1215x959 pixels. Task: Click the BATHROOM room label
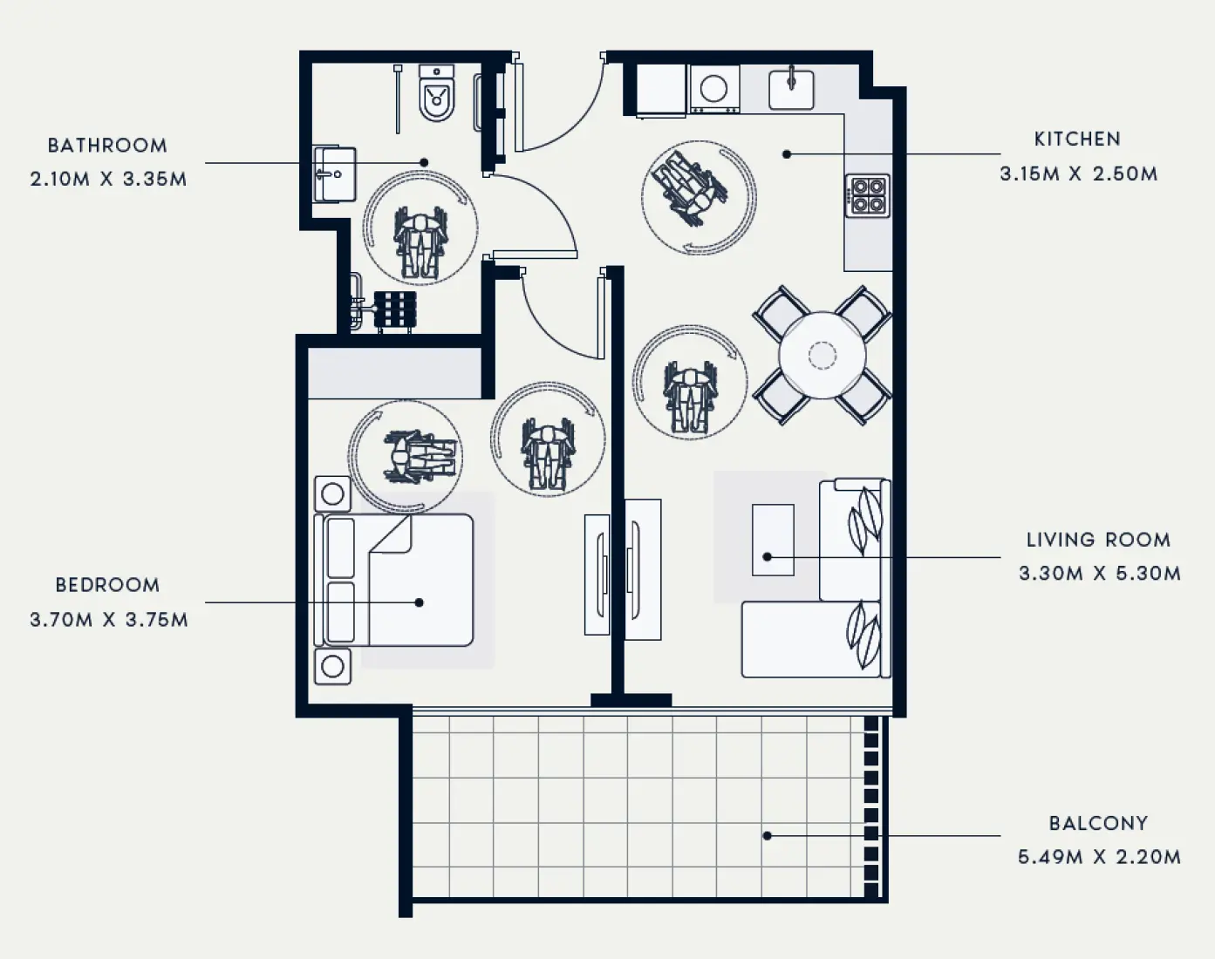[x=107, y=146]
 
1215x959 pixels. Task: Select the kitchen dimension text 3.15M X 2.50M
[x=1078, y=173]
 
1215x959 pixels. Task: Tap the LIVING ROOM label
[x=1098, y=540]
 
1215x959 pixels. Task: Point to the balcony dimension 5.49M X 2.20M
[x=1099, y=857]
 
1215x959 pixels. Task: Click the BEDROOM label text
[x=107, y=585]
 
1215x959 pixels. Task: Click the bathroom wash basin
[x=334, y=173]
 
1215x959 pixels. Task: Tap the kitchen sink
[x=791, y=90]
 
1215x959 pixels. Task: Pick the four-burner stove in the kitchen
[x=867, y=195]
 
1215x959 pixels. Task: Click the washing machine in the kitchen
[x=714, y=89]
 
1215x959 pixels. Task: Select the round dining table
[x=822, y=355]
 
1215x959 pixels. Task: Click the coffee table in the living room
[x=773, y=540]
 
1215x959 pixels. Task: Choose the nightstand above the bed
[x=332, y=494]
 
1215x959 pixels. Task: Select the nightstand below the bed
[x=332, y=666]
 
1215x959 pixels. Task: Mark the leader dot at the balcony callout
[x=768, y=835]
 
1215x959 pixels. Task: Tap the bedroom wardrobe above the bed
[x=395, y=372]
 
